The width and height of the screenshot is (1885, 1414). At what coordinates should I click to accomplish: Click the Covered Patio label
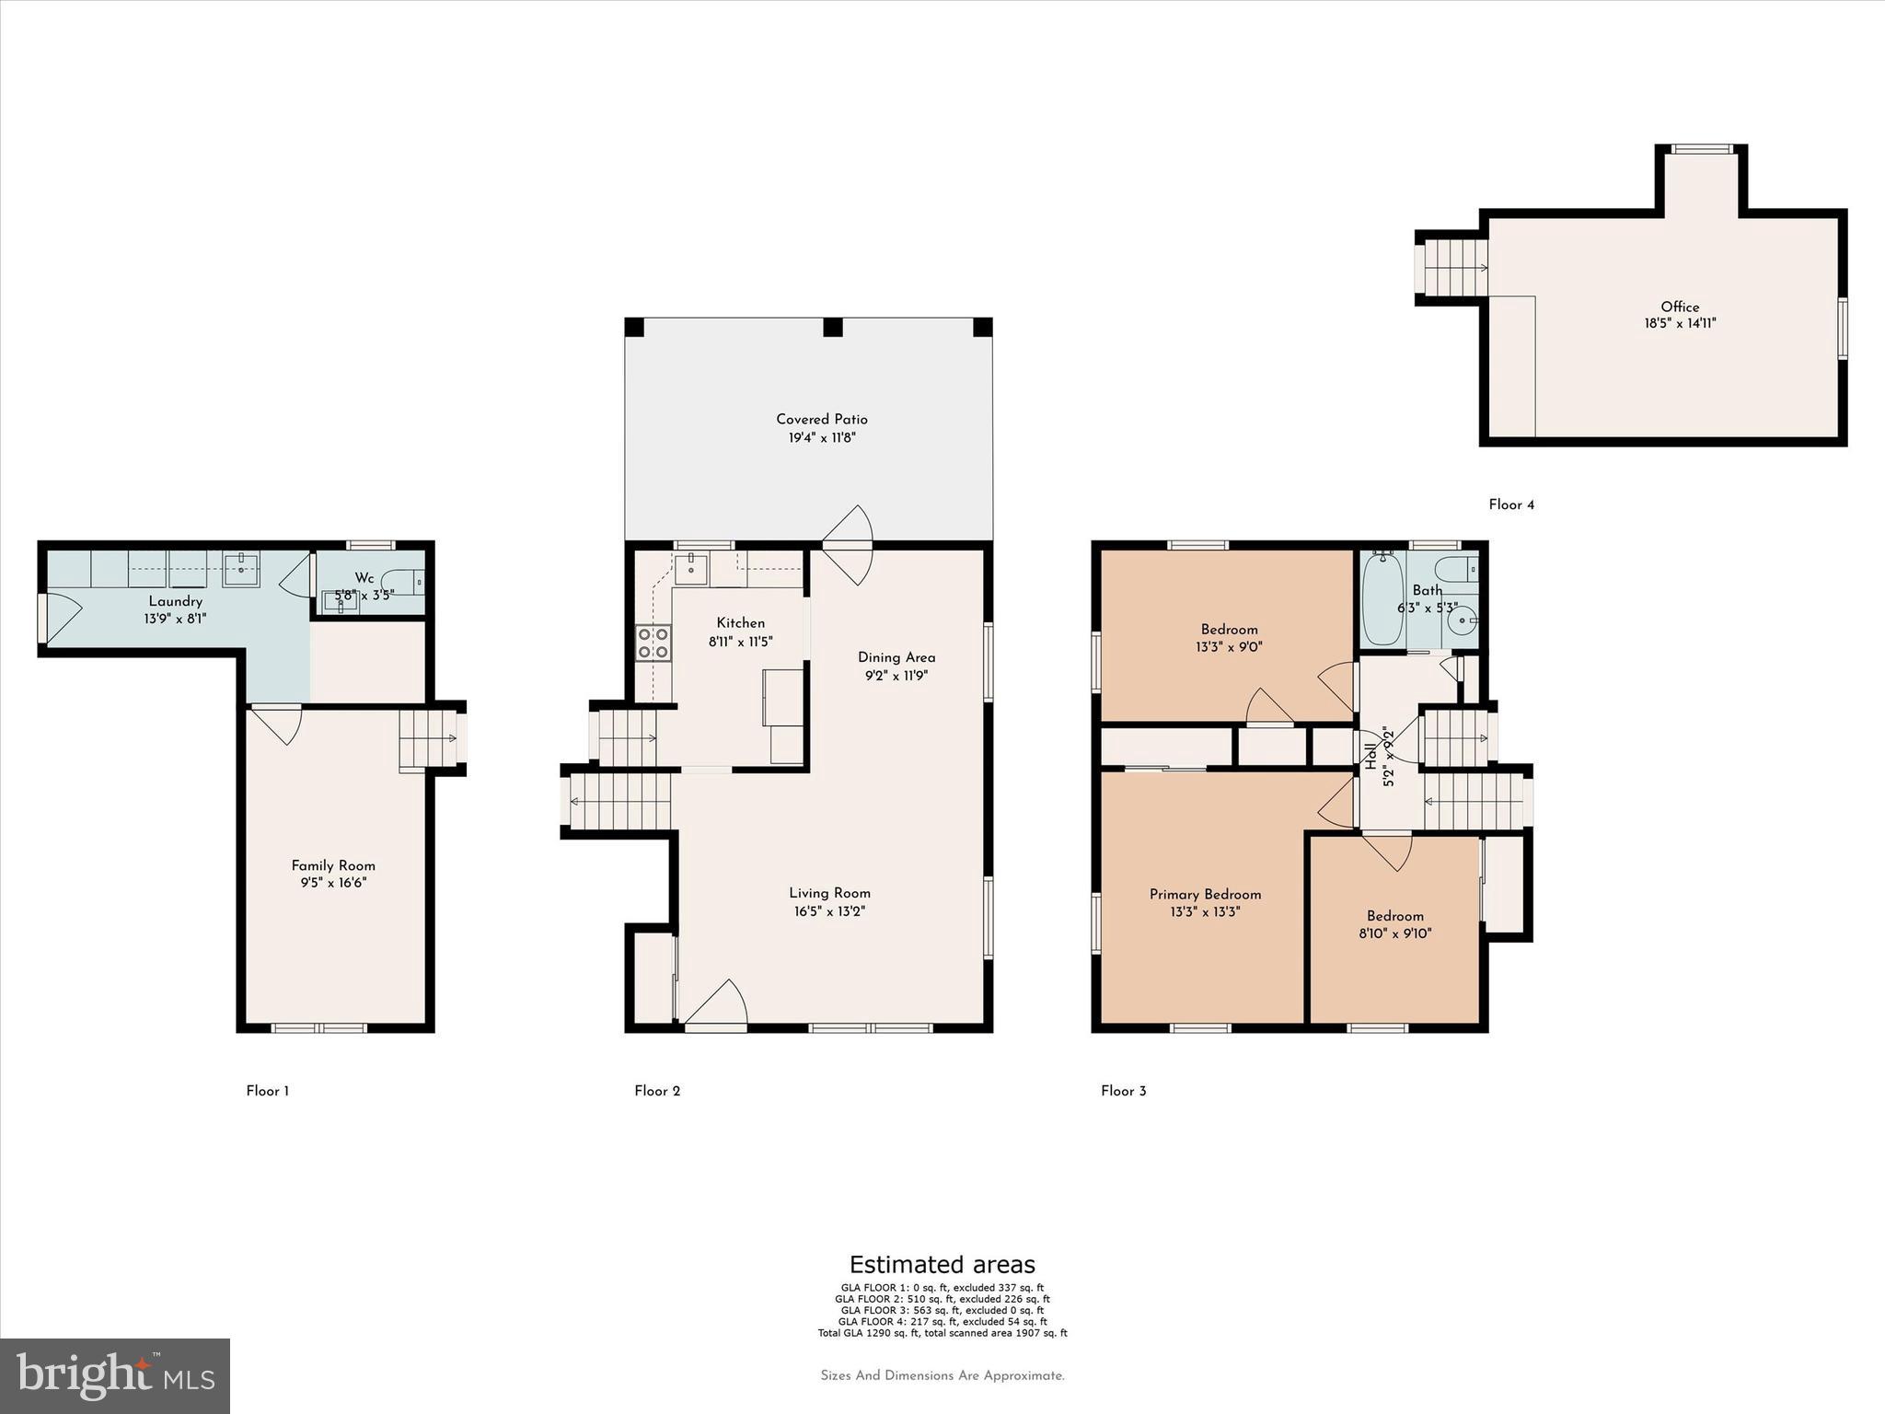click(x=821, y=420)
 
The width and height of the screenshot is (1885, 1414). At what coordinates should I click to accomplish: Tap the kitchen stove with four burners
click(x=653, y=643)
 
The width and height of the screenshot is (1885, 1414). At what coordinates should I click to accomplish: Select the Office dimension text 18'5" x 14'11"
click(x=1680, y=324)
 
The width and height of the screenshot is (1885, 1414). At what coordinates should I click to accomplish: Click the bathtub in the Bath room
click(x=1382, y=598)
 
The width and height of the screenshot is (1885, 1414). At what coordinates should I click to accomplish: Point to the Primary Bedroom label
click(x=1205, y=894)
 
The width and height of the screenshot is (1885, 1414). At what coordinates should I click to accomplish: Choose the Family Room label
click(x=333, y=865)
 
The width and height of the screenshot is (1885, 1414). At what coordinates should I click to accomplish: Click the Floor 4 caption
click(x=1511, y=504)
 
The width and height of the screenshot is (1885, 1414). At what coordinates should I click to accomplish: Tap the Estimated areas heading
click(x=942, y=1264)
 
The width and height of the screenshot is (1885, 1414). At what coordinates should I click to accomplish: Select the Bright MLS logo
click(x=115, y=1375)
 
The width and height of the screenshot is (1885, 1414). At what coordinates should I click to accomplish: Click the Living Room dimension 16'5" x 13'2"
click(x=829, y=911)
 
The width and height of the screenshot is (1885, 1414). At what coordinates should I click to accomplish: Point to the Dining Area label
click(x=896, y=657)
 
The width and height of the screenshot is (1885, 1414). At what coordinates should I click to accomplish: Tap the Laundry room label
click(x=175, y=601)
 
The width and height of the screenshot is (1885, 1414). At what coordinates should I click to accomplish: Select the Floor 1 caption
click(x=267, y=1091)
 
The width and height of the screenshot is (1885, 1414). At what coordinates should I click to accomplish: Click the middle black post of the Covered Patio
click(x=833, y=327)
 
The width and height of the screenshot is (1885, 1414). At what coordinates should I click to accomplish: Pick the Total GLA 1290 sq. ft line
click(x=942, y=1333)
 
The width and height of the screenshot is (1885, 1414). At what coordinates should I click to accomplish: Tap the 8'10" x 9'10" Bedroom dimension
click(x=1395, y=933)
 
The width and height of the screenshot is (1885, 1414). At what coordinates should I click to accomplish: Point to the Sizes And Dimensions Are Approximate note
click(x=942, y=1375)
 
